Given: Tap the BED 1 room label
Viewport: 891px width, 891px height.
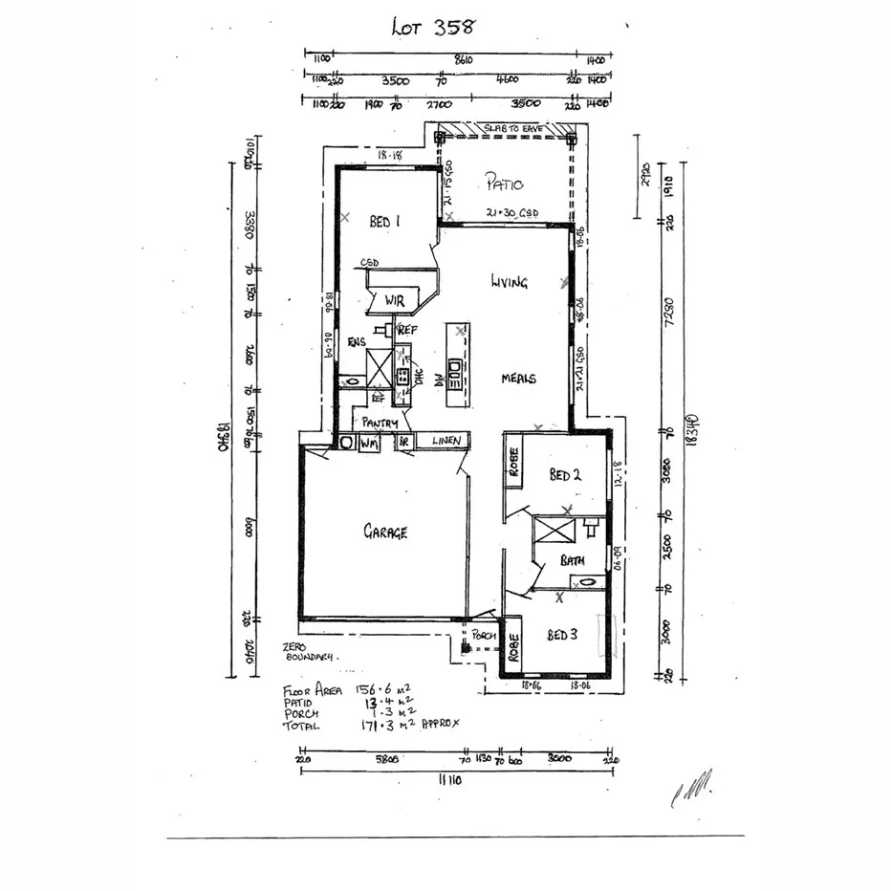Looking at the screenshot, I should [x=384, y=221].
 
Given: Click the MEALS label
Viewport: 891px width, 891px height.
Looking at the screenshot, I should [x=519, y=379].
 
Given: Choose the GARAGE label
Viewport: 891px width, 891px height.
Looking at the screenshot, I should [x=384, y=532].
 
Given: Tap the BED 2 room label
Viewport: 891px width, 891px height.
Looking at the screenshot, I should [x=565, y=475].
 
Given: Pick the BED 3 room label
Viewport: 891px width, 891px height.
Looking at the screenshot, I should [x=563, y=635].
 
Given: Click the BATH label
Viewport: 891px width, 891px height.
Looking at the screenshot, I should [x=573, y=561].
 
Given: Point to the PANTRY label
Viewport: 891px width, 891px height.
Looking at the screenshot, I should [x=379, y=422].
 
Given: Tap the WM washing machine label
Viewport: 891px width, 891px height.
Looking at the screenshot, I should [x=368, y=444].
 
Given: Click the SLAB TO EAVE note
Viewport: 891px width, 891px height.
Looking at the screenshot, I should [x=507, y=128].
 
